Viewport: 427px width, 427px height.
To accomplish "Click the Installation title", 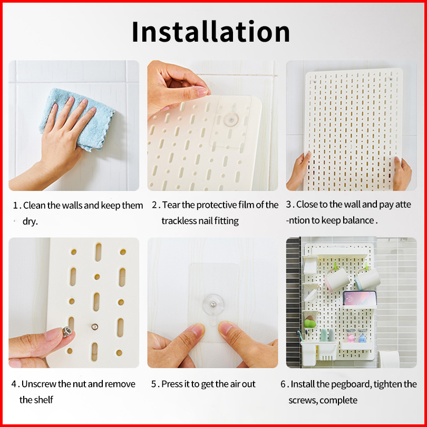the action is click(x=211, y=31).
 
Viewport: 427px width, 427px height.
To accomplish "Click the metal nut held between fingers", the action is click(x=67, y=332).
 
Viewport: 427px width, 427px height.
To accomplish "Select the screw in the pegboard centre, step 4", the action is click(x=94, y=326).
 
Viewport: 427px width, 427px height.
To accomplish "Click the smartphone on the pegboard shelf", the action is click(x=360, y=298).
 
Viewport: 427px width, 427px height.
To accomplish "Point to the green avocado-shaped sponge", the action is click(x=310, y=322).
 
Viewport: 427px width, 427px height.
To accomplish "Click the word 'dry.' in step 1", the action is click(x=30, y=221).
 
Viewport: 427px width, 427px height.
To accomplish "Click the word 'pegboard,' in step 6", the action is click(x=344, y=384).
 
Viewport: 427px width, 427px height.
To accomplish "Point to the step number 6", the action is click(x=283, y=384).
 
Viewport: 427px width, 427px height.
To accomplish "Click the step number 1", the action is click(x=15, y=206).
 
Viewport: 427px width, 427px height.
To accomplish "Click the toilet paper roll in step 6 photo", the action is click(x=389, y=359).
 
